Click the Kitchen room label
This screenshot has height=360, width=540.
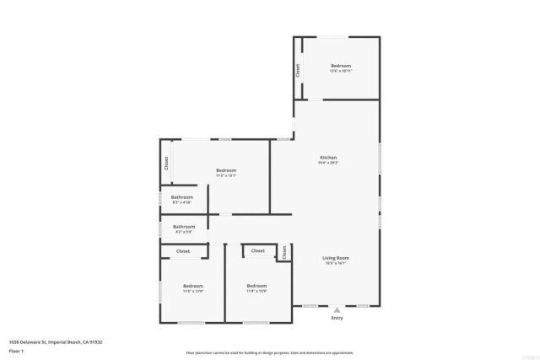pos(328,158)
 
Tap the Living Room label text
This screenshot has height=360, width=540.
pos(336,258)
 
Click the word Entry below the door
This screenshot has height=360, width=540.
pos(337,318)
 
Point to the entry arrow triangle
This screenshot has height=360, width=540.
pos(337,309)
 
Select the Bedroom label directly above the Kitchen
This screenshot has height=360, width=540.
pos(340,66)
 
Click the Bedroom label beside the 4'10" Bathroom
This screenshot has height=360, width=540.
pos(225,170)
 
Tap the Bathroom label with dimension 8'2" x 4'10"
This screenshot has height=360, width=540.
pos(182,197)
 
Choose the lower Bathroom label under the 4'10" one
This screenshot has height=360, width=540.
pos(184,226)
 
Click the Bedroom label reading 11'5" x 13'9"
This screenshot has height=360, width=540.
pos(193,286)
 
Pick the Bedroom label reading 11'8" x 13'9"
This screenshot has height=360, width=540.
pos(256,286)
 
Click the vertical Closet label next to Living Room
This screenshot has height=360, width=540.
pos(285,251)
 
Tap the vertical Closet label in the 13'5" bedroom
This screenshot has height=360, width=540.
pos(298,71)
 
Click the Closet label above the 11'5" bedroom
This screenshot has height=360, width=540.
pos(183,251)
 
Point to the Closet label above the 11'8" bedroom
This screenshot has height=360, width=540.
pos(258,250)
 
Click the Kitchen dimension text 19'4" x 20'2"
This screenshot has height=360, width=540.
pos(328,164)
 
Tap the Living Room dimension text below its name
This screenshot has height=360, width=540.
pos(336,264)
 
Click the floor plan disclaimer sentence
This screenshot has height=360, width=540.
pos(269,352)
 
